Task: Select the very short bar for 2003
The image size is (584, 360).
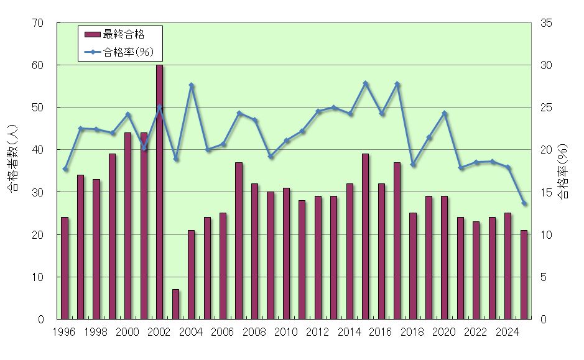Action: pyautogui.click(x=175, y=304)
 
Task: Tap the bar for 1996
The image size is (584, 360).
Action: pyautogui.click(x=65, y=268)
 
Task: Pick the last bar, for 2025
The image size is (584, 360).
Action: pyautogui.click(x=524, y=274)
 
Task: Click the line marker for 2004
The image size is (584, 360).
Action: pyautogui.click(x=192, y=85)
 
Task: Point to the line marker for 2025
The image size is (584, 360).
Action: pyautogui.click(x=524, y=203)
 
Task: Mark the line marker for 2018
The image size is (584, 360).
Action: pyautogui.click(x=413, y=165)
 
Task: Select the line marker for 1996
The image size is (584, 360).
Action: pyautogui.click(x=65, y=169)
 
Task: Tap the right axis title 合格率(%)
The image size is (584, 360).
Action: pyautogui.click(x=563, y=171)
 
